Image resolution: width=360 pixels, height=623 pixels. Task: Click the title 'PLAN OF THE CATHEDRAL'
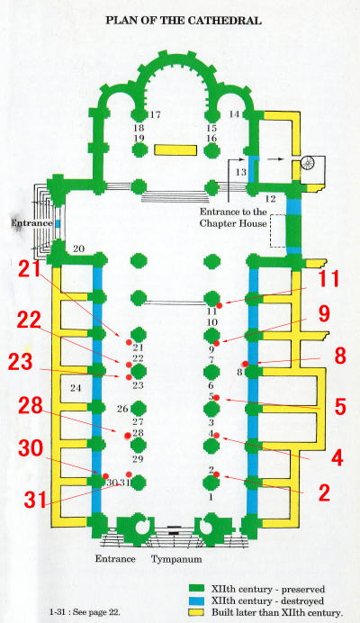[184, 21]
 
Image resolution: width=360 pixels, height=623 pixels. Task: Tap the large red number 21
[30, 269]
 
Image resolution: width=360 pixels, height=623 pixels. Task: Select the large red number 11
[328, 278]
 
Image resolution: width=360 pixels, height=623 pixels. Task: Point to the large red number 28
[31, 406]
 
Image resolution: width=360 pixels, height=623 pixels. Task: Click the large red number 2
[324, 492]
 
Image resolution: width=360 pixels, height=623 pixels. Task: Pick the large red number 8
[339, 356]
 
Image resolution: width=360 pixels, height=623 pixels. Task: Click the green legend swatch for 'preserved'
[197, 589]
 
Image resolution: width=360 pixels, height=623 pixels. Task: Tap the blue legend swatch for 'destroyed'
[197, 600]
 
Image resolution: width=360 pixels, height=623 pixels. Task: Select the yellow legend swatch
[197, 612]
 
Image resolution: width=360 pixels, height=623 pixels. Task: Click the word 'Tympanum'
[176, 559]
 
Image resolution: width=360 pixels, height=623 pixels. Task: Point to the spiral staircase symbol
[308, 163]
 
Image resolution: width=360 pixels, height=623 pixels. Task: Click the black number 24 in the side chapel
[76, 388]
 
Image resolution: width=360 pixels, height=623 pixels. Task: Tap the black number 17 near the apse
[156, 115]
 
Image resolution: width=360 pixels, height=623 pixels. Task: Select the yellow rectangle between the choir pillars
[175, 149]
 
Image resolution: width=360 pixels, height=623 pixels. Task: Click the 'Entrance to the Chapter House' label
[233, 217]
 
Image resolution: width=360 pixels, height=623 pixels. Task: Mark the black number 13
[241, 172]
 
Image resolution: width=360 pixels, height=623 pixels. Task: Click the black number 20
[78, 248]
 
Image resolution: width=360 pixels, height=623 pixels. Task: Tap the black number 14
[234, 114]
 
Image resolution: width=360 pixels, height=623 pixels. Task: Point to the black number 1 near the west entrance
[211, 497]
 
